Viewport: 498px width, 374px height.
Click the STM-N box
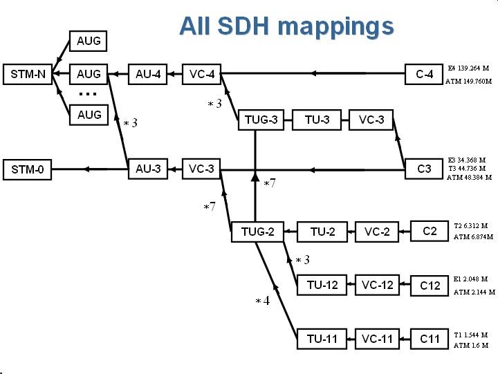point(28,73)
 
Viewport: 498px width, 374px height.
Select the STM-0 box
point(28,169)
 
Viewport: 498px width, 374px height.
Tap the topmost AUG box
point(89,41)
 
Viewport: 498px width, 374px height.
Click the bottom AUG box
point(89,115)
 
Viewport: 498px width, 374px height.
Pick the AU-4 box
point(147,74)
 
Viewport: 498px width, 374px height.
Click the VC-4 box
point(202,74)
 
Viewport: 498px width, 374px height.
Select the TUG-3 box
point(261,120)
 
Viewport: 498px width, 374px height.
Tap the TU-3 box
point(317,120)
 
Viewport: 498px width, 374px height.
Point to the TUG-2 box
point(257,232)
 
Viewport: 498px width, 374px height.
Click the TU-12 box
point(322,285)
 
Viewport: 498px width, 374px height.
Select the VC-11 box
point(377,339)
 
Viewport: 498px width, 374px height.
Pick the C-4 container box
point(424,74)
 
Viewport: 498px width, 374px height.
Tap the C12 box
point(430,285)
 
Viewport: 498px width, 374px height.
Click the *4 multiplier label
point(262,301)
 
